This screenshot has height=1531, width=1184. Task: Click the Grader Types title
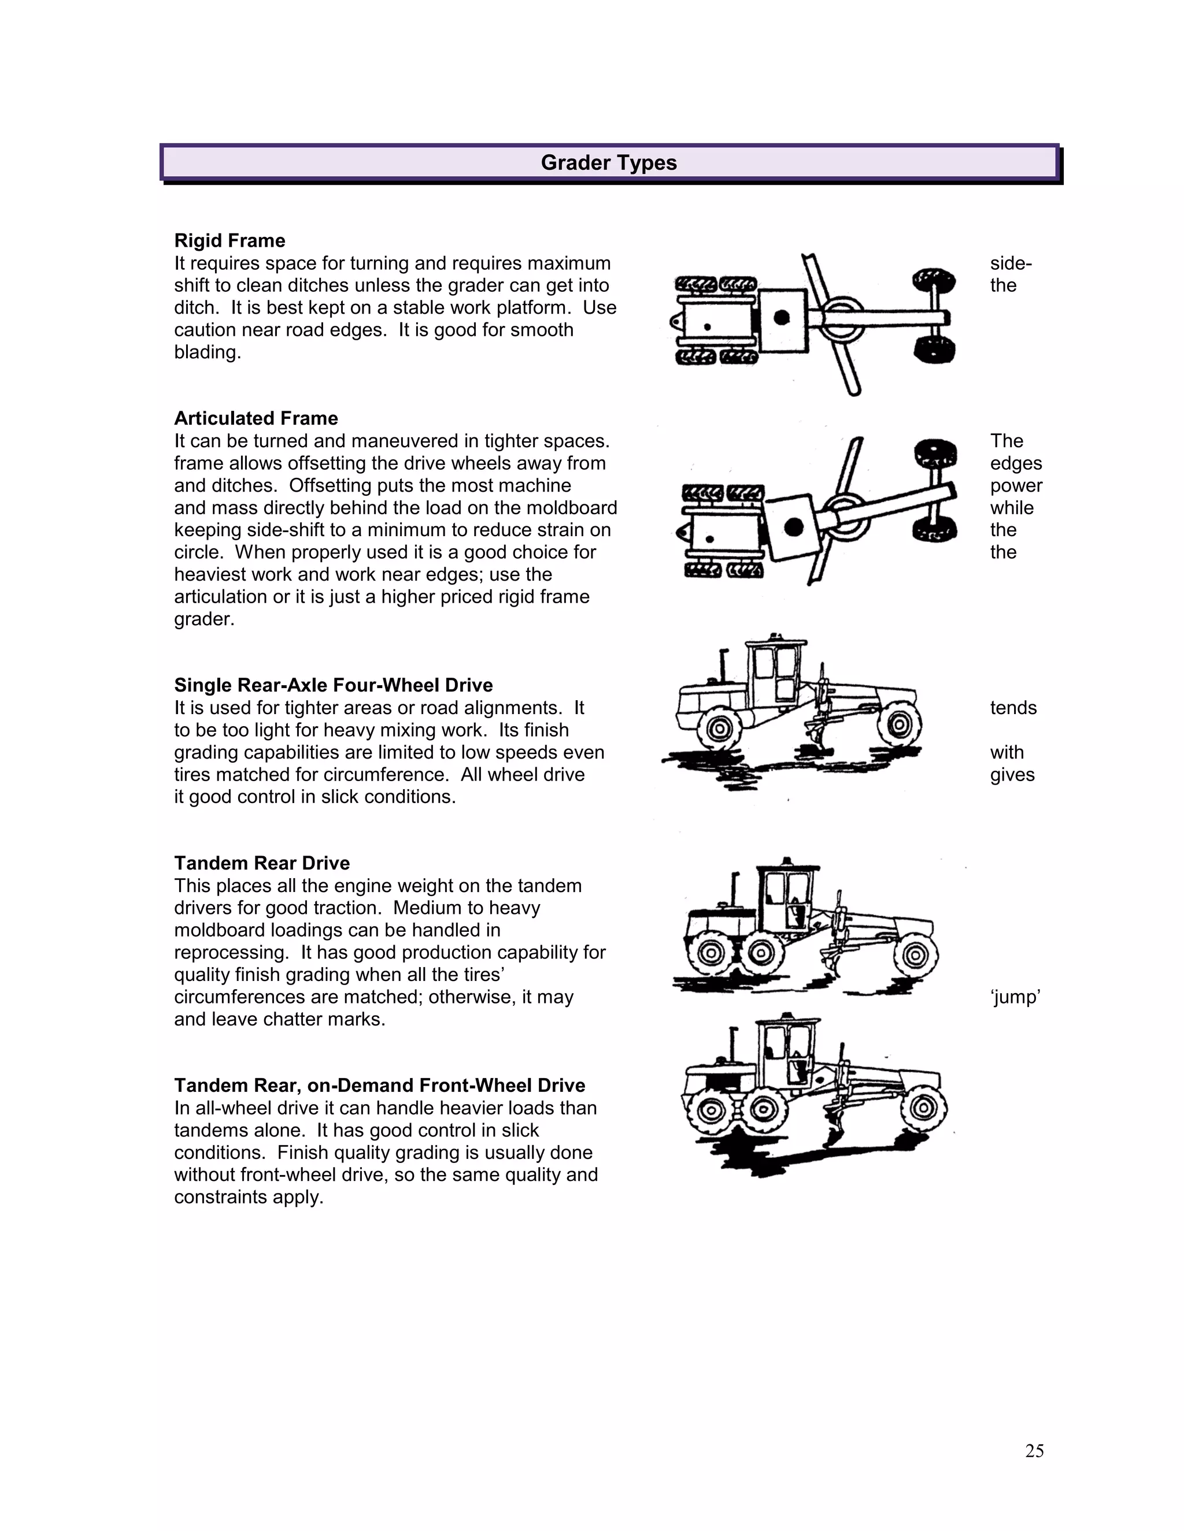pyautogui.click(x=608, y=163)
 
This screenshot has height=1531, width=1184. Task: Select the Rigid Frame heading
pyautogui.click(x=230, y=240)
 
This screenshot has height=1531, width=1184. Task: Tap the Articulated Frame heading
pyautogui.click(x=256, y=418)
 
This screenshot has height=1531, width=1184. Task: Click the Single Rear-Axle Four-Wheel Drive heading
pyautogui.click(x=333, y=685)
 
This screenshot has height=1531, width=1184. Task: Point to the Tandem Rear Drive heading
pyautogui.click(x=262, y=863)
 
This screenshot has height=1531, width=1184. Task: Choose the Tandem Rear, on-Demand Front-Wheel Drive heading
pyautogui.click(x=379, y=1085)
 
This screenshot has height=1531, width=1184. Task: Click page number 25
pyautogui.click(x=1034, y=1451)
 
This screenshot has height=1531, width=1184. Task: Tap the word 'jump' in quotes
pyautogui.click(x=1015, y=997)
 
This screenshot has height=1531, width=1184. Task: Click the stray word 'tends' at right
pyautogui.click(x=1013, y=708)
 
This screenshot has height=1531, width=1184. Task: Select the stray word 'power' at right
pyautogui.click(x=1016, y=486)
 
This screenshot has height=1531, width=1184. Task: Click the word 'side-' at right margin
pyautogui.click(x=1010, y=263)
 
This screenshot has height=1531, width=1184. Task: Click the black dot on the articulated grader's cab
pyautogui.click(x=793, y=526)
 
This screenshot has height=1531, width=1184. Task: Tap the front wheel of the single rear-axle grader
pyautogui.click(x=899, y=726)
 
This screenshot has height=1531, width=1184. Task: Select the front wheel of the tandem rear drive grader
pyautogui.click(x=915, y=954)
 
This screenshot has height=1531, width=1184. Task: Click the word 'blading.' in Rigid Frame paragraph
pyautogui.click(x=208, y=352)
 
